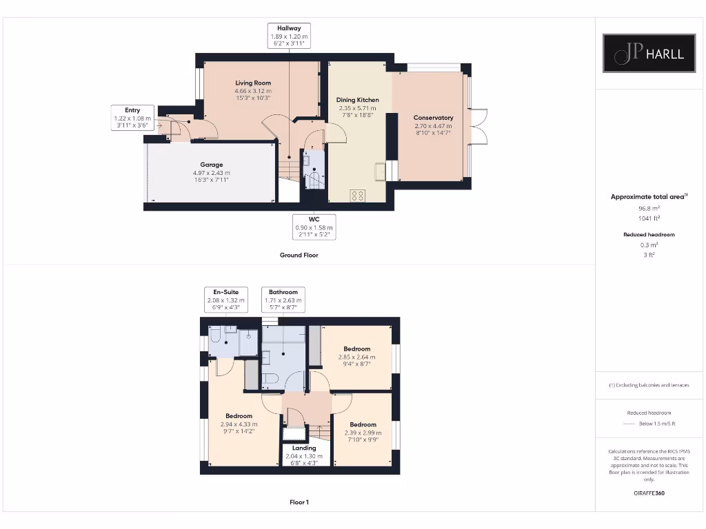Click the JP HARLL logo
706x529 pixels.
pos(649,54)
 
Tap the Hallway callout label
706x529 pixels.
pos(289,36)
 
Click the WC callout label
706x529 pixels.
pos(314,227)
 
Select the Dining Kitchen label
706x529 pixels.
pos(358,108)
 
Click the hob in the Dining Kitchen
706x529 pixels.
pos(358,196)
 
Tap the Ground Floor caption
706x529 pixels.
pos(299,255)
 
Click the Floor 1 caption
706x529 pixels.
pos(299,502)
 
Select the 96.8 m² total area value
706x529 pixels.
pos(648,207)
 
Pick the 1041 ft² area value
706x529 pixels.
pos(648,218)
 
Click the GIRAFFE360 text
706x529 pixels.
pos(648,493)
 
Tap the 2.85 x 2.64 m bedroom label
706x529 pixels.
pos(356,357)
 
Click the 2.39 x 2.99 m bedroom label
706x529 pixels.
pos(363,433)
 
